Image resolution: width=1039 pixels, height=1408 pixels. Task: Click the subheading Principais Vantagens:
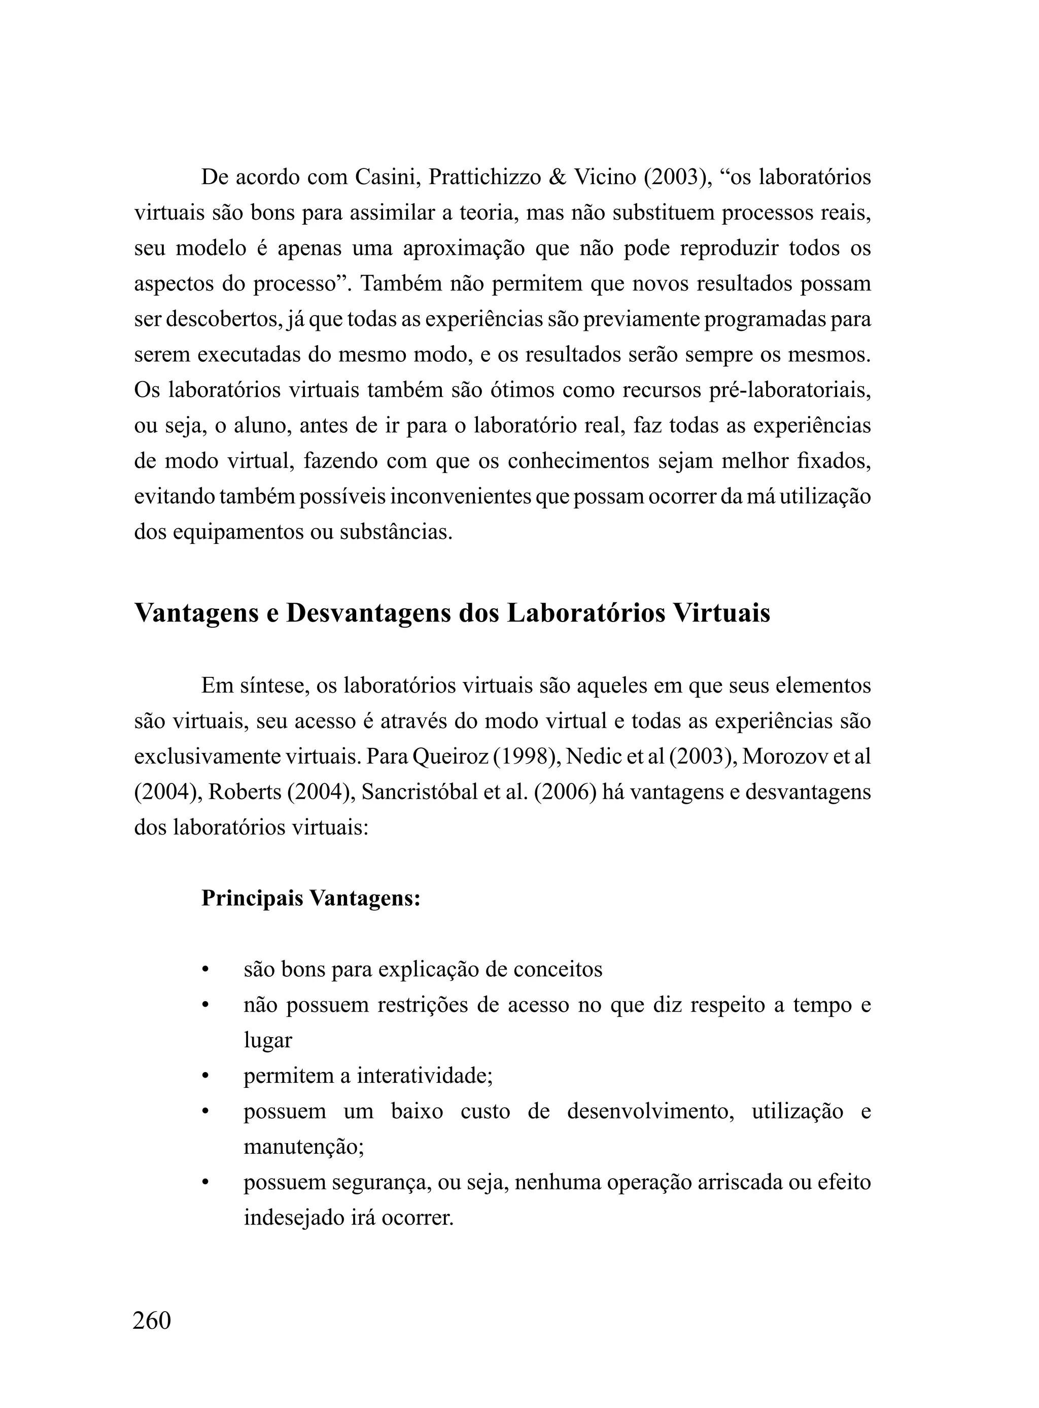click(x=310, y=898)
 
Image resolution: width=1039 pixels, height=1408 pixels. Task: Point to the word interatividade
click(x=424, y=1076)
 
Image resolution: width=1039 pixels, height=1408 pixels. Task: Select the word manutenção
click(x=304, y=1147)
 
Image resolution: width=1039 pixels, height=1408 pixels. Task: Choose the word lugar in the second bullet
click(x=268, y=1041)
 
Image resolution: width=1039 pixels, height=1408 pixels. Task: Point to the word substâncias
click(x=396, y=532)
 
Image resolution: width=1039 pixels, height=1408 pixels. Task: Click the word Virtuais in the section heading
click(x=721, y=613)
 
